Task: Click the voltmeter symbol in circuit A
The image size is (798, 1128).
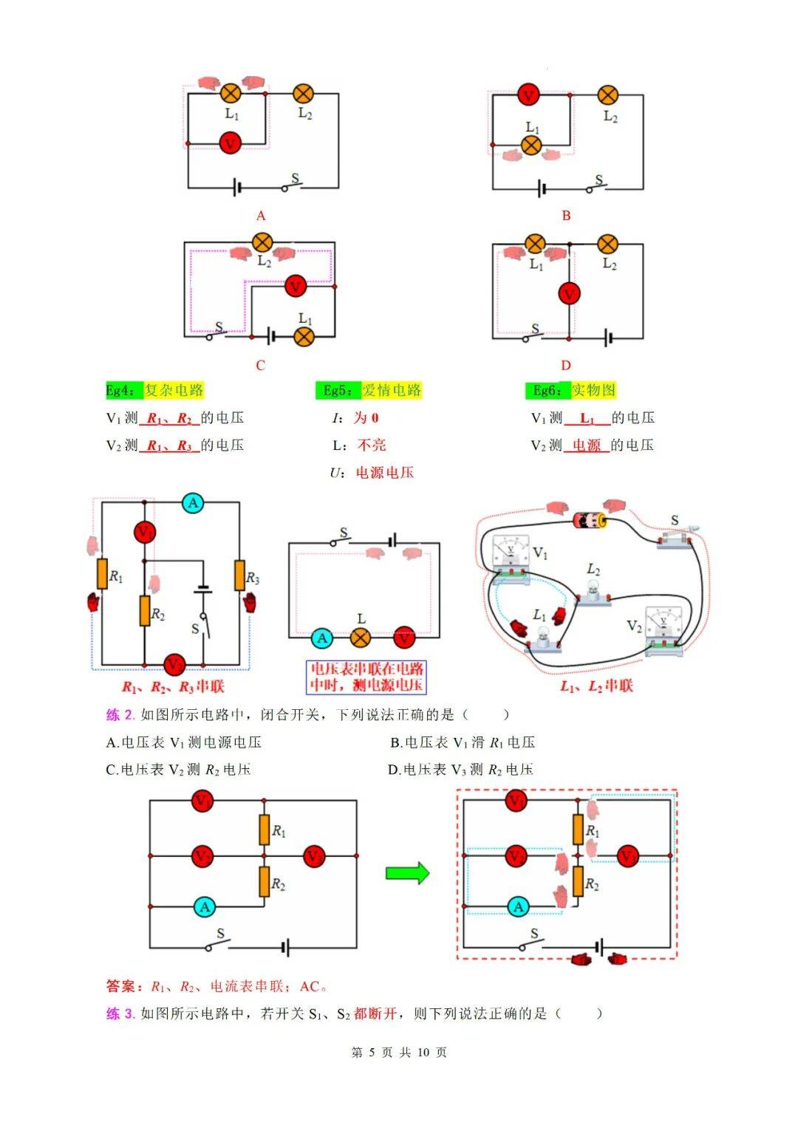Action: [231, 142]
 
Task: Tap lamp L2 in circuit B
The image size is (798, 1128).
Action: [607, 95]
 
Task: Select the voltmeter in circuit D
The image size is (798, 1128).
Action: [568, 294]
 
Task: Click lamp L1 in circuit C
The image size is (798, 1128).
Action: [304, 337]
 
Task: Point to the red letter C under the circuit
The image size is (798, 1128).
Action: [260, 365]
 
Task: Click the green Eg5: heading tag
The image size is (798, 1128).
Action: [338, 390]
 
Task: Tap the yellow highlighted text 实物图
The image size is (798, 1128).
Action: [593, 390]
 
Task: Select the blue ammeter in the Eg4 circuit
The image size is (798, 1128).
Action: [194, 503]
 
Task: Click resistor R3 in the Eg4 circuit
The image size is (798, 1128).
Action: [240, 575]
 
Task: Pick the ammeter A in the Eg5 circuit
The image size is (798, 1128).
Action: [321, 638]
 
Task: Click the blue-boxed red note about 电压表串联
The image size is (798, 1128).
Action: [366, 677]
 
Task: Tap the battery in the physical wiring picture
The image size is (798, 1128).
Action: [590, 520]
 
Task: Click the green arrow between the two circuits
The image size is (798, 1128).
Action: [407, 872]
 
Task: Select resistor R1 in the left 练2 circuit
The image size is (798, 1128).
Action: [264, 829]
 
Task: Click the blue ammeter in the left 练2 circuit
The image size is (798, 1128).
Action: [205, 906]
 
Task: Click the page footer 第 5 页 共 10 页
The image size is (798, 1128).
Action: [399, 1052]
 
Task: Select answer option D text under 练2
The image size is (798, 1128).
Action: [461, 770]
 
